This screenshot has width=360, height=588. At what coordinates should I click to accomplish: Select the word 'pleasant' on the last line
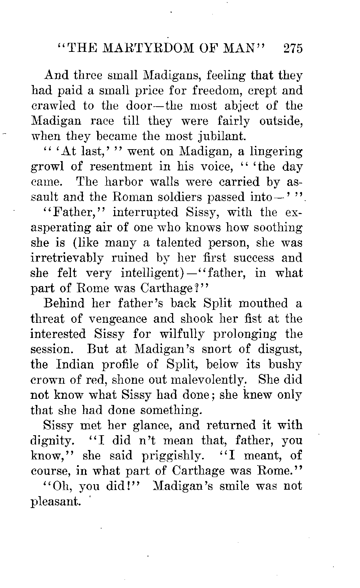(55, 502)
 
